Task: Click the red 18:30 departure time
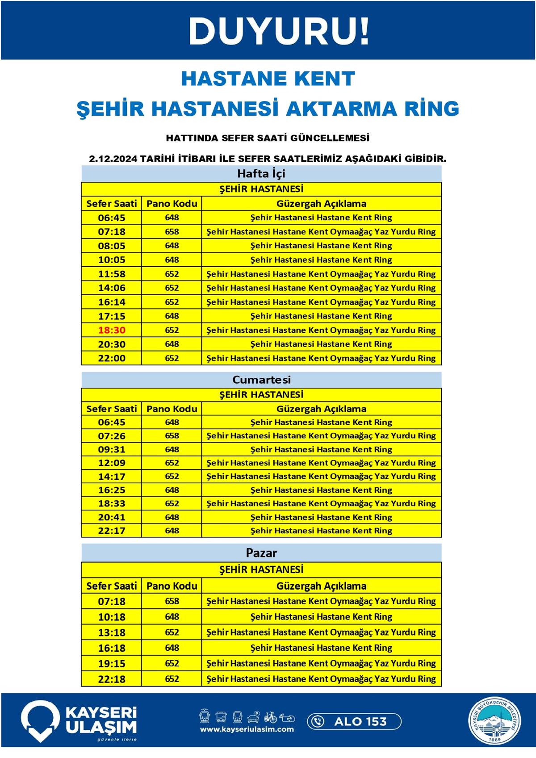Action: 112,330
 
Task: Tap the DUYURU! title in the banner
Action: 279,31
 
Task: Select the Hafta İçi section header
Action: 261,173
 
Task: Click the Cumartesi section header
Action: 261,380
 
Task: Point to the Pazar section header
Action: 261,553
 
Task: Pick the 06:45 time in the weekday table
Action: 112,218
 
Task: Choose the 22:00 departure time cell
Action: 112,358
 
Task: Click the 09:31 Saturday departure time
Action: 112,449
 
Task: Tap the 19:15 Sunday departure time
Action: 112,663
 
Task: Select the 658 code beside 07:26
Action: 172,436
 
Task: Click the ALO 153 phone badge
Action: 354,721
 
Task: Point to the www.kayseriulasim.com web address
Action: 247,729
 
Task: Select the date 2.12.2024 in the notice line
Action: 113,159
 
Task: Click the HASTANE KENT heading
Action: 268,79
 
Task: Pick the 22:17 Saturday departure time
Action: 112,531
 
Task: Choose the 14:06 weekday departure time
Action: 112,288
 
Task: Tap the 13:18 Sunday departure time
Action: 112,632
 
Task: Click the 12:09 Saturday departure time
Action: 112,463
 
